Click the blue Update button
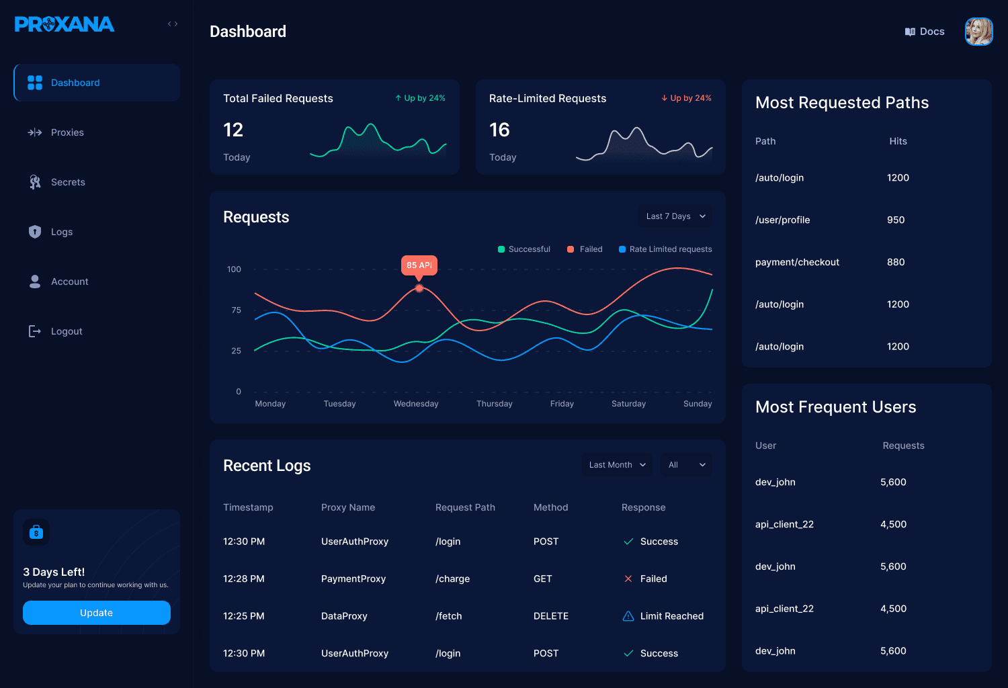[x=96, y=612]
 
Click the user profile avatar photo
[x=978, y=32]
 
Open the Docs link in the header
[x=925, y=32]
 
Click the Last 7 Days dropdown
[x=675, y=216]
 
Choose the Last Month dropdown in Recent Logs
[x=617, y=465]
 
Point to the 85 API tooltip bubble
[x=419, y=265]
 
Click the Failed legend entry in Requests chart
[x=585, y=249]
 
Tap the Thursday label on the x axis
[x=494, y=404]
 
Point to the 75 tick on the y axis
[x=237, y=310]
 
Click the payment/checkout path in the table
[x=797, y=262]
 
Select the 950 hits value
[x=896, y=220]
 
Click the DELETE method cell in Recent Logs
[x=551, y=616]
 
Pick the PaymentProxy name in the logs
[x=353, y=578]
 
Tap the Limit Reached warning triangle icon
[x=628, y=616]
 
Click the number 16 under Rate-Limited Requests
[x=499, y=130]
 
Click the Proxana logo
[x=65, y=24]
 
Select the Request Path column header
[x=465, y=507]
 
